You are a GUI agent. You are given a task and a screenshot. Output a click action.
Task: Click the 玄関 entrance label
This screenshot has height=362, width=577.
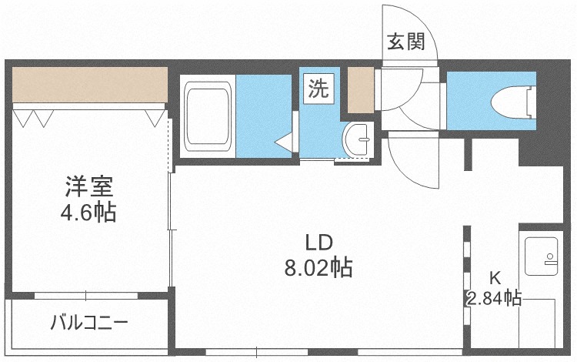click(405, 42)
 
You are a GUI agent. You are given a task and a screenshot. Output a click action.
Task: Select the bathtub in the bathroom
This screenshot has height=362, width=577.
click(208, 117)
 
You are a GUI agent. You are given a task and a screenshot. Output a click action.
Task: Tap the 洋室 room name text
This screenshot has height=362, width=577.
click(89, 186)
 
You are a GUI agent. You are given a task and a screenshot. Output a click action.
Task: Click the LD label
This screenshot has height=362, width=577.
click(319, 243)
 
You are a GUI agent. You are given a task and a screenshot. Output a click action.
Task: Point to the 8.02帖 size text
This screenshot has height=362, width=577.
click(319, 268)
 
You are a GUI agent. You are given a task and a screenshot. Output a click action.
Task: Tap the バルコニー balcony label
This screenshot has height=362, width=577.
click(89, 322)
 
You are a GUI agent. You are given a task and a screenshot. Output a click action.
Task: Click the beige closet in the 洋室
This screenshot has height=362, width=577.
click(89, 85)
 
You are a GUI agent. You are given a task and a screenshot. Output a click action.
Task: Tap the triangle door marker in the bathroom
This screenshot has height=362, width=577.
click(284, 142)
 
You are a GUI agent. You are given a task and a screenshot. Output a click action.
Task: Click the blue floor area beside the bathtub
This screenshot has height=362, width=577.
click(264, 116)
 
